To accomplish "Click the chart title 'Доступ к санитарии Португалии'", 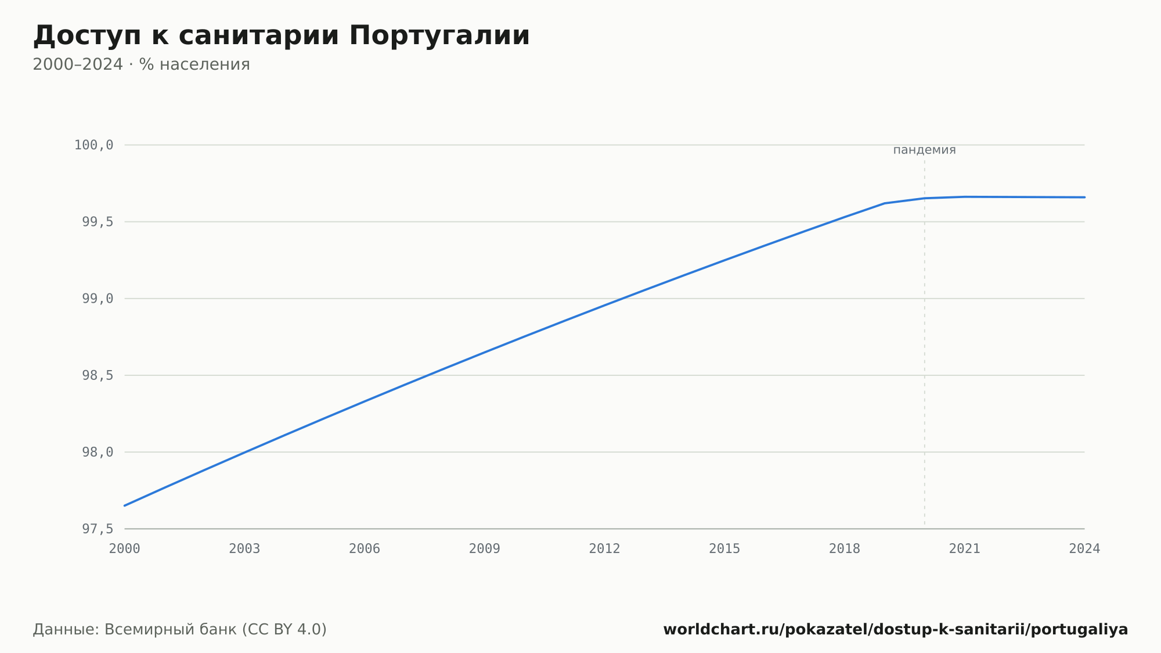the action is coord(282,36).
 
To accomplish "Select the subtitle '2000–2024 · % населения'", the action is coord(141,64).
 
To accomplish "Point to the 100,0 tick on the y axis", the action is coord(94,145).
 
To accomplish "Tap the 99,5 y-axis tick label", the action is coord(98,222).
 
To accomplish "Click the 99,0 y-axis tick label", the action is coord(98,299).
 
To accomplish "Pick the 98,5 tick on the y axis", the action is coord(98,375).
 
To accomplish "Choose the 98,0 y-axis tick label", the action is coord(98,452).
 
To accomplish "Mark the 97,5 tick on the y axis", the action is coord(98,529).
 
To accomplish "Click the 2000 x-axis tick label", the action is coord(125,549).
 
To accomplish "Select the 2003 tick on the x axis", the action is coord(244,549).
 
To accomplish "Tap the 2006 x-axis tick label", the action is coord(365,549).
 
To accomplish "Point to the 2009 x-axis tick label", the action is coord(485,549).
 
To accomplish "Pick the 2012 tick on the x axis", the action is coord(605,549).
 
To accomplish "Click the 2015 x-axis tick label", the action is coord(724,549).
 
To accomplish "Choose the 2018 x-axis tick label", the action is coord(845,549).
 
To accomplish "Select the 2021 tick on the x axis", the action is coord(965,549).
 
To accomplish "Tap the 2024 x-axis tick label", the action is coord(1084,549).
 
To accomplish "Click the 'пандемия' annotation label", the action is coord(924,150).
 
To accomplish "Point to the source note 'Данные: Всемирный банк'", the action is coord(135,630).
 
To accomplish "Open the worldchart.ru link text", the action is coord(896,630).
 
